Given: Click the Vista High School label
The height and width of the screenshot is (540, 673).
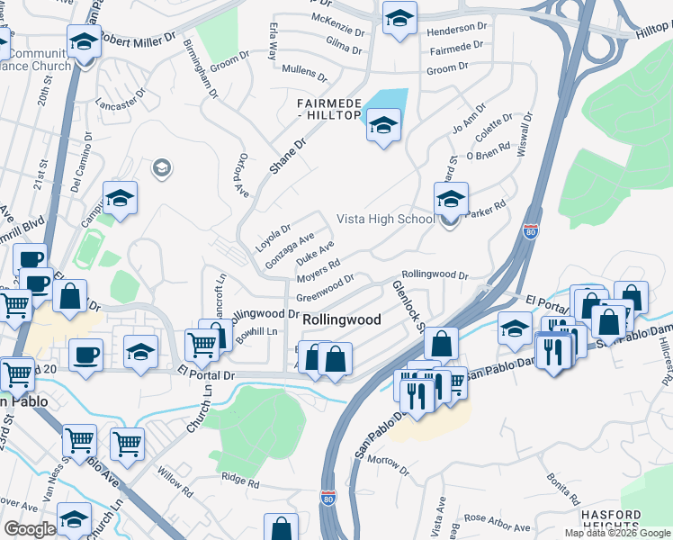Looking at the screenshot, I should tap(385, 219).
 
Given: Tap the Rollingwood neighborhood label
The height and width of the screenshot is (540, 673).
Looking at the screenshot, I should tap(341, 319).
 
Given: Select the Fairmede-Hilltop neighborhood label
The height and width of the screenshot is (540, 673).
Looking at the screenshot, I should tap(329, 109).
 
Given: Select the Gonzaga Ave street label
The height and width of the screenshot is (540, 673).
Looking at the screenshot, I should tap(289, 249).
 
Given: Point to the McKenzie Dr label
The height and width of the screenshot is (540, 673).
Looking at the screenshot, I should tap(337, 18).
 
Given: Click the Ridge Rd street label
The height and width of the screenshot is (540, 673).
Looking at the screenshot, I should tap(240, 481).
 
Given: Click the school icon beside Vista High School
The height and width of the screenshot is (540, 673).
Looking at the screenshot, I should tap(451, 198).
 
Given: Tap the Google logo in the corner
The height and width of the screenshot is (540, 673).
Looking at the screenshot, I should tap(30, 528).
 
